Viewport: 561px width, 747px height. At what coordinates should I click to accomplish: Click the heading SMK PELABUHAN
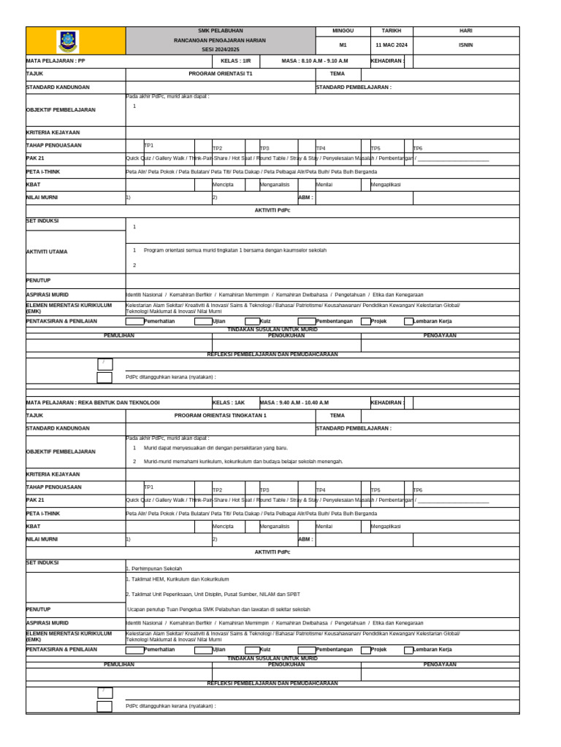pos(220,31)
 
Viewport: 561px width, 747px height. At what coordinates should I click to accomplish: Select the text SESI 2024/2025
pos(220,49)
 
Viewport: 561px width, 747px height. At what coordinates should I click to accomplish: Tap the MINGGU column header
pos(343,31)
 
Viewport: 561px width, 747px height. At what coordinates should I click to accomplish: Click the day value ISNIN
pos(465,44)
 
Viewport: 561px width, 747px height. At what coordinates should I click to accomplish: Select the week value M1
pos(343,44)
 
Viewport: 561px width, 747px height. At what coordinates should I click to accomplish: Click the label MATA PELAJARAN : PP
pos(56,62)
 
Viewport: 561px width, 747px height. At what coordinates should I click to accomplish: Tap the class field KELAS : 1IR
pos(235,62)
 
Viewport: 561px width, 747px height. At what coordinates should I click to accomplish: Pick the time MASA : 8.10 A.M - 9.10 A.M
pos(314,62)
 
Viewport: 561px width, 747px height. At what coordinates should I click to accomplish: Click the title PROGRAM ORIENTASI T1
pos(220,74)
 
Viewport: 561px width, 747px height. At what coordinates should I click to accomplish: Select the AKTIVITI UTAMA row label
pos(47,252)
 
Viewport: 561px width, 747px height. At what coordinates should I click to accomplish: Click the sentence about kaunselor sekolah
pos(234,250)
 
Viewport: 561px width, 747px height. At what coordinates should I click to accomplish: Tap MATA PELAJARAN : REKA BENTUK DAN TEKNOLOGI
pos(93,403)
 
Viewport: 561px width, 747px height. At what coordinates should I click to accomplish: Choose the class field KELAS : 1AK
pos(229,403)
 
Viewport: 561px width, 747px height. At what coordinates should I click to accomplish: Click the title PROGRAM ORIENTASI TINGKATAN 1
pos(220,415)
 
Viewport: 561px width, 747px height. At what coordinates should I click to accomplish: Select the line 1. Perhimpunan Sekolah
pos(154,568)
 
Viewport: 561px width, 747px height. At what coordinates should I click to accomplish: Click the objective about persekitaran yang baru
pos(215,447)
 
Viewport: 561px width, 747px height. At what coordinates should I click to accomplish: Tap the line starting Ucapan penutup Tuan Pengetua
pos(218,609)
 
